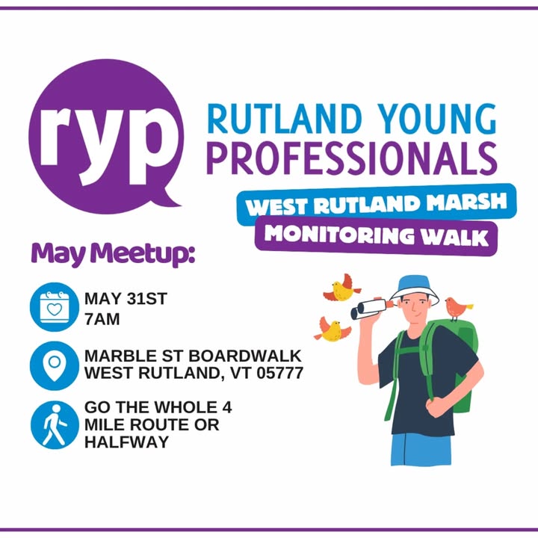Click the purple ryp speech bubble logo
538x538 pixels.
(x=105, y=136)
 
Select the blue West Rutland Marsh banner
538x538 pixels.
(x=377, y=204)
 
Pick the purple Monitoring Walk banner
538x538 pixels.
(x=376, y=235)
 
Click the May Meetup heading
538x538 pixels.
(x=113, y=253)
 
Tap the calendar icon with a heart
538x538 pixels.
(x=55, y=307)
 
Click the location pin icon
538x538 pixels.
(x=55, y=365)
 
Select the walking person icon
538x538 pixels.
(x=55, y=424)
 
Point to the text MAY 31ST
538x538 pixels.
(x=126, y=298)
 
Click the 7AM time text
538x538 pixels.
(x=102, y=319)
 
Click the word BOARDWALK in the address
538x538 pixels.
(x=245, y=356)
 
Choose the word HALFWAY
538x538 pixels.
(x=126, y=442)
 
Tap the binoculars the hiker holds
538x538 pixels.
(x=370, y=309)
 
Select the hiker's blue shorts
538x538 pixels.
(x=421, y=450)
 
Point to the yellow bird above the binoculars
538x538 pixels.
(x=342, y=288)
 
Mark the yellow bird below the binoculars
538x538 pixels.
(x=332, y=330)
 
